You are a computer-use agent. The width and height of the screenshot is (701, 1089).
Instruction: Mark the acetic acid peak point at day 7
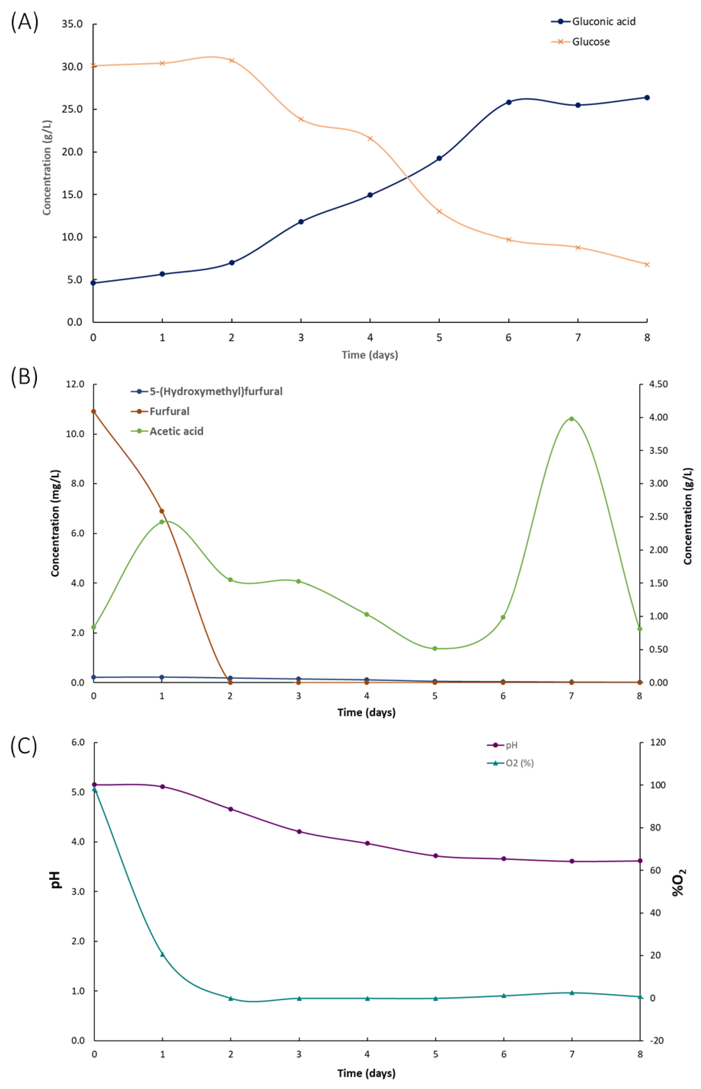click(x=571, y=418)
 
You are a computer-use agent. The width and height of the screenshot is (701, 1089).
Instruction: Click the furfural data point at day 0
click(x=94, y=411)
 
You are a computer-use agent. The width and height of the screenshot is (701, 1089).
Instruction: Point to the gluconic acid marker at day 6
click(x=508, y=102)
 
